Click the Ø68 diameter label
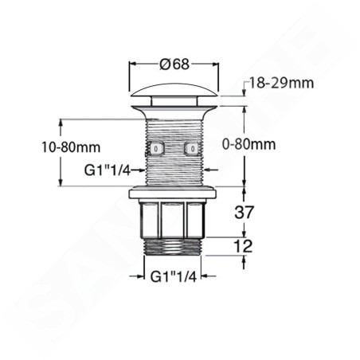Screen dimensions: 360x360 click(174, 64)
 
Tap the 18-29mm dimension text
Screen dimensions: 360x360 click(281, 83)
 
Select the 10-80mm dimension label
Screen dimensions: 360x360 click(71, 147)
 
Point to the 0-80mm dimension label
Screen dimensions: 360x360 click(248, 144)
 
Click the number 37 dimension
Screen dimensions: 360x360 click(245, 212)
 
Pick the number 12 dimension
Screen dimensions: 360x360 click(243, 246)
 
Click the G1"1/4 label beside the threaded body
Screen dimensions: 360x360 click(108, 170)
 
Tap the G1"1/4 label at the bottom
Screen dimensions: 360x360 click(174, 277)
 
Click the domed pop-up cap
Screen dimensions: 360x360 click(174, 90)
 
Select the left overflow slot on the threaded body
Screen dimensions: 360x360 click(157, 148)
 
